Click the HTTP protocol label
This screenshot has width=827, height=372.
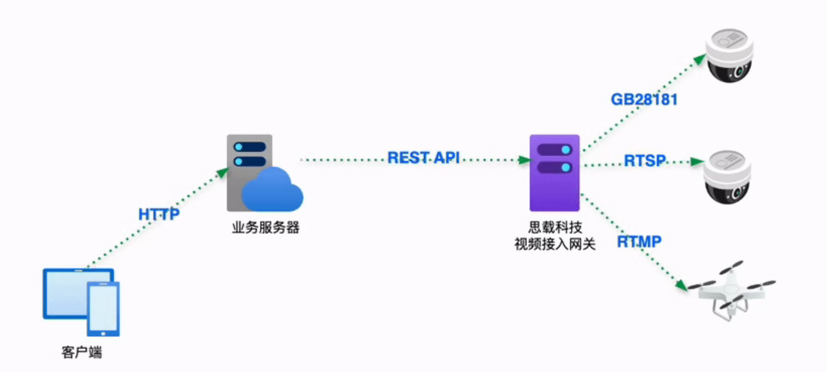[159, 215]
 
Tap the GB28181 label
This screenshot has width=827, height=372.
[644, 99]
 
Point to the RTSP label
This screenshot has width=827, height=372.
[644, 161]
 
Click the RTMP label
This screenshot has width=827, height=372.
[639, 242]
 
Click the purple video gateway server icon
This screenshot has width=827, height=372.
[554, 173]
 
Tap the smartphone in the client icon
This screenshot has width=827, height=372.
[103, 308]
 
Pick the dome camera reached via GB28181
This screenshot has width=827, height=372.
[731, 56]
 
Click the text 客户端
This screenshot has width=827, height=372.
[81, 353]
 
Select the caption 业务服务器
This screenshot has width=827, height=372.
[265, 228]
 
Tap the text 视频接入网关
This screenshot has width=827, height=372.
[555, 244]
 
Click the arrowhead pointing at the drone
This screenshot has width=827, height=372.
[681, 286]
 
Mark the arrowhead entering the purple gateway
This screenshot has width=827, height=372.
[525, 160]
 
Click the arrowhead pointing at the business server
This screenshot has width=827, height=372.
[224, 171]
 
